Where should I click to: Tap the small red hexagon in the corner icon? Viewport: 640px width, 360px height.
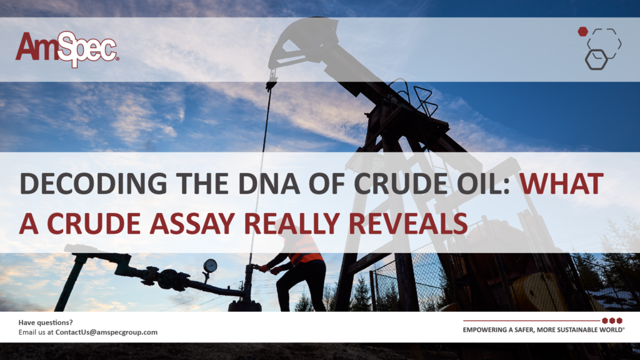(x=582, y=31)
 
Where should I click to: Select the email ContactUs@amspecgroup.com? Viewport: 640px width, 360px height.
(x=106, y=332)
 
